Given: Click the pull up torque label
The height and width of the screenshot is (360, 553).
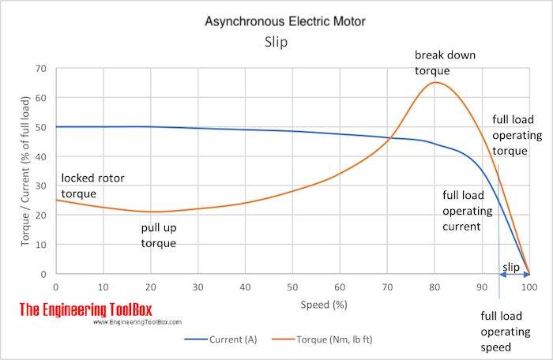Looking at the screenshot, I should pos(159,236).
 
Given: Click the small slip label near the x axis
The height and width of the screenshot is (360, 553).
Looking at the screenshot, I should pos(511,268).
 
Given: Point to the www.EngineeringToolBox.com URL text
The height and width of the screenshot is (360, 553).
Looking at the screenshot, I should pos(137,322).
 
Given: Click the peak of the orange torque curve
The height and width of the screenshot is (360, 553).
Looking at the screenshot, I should pos(436,82).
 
